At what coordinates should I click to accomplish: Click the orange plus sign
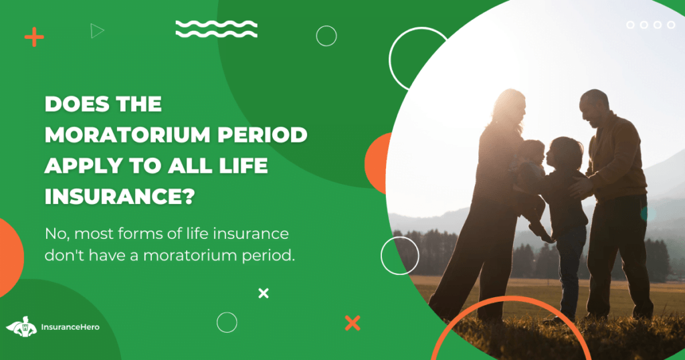(34, 37)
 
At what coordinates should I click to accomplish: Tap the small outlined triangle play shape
(97, 31)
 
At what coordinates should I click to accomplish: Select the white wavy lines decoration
(216, 29)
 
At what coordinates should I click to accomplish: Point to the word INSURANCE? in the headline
(119, 197)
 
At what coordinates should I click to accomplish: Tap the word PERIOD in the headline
(262, 134)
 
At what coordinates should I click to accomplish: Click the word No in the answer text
(58, 234)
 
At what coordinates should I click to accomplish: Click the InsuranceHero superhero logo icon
(21, 327)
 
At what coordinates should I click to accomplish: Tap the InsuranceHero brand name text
(70, 327)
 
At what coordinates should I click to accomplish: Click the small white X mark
(264, 293)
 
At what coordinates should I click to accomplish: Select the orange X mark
(353, 323)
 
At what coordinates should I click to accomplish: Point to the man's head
(594, 106)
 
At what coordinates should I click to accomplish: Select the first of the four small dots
(630, 25)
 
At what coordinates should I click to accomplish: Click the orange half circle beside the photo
(377, 163)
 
